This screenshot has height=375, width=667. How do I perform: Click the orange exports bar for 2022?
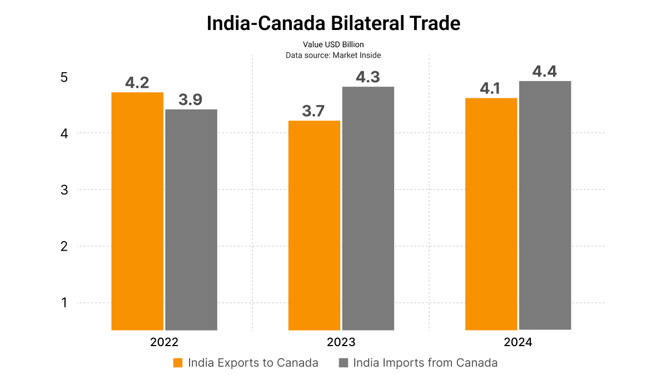tap(137, 211)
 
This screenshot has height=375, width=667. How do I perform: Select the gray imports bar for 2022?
tap(191, 219)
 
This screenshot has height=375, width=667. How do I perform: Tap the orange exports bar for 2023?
tap(314, 225)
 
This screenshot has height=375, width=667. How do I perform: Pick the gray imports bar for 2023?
tap(368, 208)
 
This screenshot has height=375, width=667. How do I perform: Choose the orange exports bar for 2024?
tap(491, 214)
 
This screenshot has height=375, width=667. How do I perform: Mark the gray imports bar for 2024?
tap(545, 206)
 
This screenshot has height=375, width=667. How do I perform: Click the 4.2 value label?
tap(137, 83)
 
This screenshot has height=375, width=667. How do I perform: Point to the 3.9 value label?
tap(191, 100)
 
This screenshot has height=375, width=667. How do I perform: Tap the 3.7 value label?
tap(313, 111)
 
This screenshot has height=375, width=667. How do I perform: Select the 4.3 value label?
tap(368, 77)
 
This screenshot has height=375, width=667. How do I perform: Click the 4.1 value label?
tap(491, 89)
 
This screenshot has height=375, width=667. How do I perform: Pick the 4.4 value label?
tap(545, 72)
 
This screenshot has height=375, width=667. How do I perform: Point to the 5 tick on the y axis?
tap(64, 77)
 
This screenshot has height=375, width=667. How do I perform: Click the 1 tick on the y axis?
tap(64, 303)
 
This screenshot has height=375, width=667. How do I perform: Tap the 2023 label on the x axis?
tap(341, 342)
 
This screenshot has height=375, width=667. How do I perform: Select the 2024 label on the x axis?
tap(518, 342)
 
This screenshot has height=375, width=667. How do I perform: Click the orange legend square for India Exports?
tap(178, 363)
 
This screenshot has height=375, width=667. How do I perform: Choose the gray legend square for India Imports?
tap(344, 363)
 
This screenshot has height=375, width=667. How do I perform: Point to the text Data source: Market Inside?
tap(333, 55)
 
